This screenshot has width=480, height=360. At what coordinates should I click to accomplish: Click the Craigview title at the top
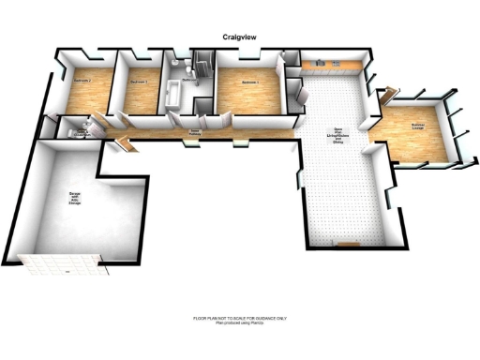(x=240, y=37)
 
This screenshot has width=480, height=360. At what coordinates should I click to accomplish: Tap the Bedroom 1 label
(x=249, y=82)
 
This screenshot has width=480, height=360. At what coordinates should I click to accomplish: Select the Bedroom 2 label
(x=82, y=82)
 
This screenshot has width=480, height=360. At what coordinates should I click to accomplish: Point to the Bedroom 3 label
(x=139, y=82)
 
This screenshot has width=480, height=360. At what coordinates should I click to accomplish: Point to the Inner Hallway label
(x=195, y=132)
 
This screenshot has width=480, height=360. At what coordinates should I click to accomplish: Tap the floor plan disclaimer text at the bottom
(x=240, y=320)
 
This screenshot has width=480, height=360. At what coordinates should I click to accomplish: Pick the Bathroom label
(x=188, y=81)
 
